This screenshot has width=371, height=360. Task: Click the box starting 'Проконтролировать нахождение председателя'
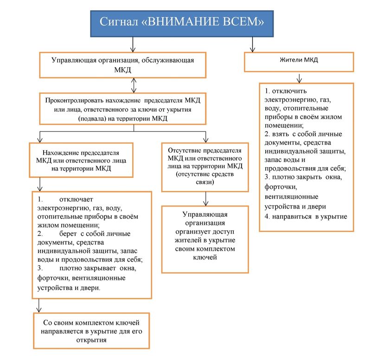(x=122, y=109)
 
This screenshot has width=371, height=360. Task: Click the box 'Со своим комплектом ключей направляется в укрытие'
(x=93, y=330)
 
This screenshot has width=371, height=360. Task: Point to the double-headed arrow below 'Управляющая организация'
(x=133, y=85)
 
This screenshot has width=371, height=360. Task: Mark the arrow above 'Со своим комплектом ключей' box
(x=39, y=306)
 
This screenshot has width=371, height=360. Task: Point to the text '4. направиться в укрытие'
(x=306, y=216)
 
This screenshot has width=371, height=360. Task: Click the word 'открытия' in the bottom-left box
(x=93, y=340)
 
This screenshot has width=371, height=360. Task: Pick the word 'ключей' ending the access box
(x=205, y=257)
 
